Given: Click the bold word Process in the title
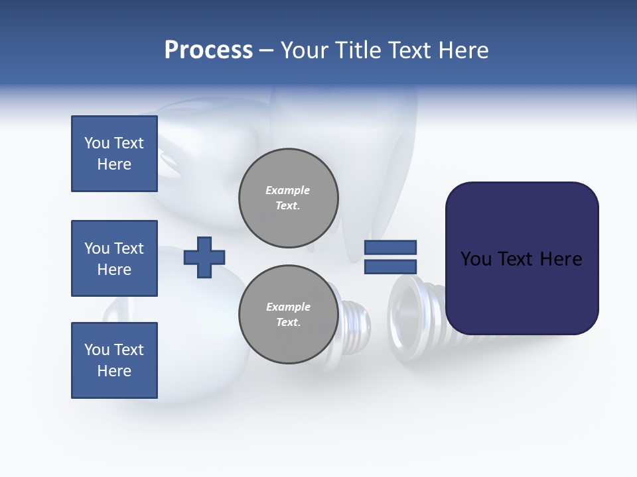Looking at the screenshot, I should [208, 50].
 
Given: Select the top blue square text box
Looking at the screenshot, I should [114, 154].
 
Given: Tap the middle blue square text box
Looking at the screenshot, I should [114, 258].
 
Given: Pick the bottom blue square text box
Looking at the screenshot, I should [114, 360].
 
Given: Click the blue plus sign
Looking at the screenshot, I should [204, 257].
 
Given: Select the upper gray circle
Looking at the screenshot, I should [289, 198].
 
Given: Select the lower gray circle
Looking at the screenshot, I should [289, 315].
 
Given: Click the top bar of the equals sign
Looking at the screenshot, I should [390, 247].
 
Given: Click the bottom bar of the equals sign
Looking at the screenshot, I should [390, 266].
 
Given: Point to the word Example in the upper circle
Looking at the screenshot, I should [288, 190].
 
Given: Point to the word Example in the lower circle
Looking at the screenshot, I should [288, 307].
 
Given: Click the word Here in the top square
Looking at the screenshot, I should [114, 164].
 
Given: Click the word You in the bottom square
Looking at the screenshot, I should [96, 350].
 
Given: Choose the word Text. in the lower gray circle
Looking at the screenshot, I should [288, 323].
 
